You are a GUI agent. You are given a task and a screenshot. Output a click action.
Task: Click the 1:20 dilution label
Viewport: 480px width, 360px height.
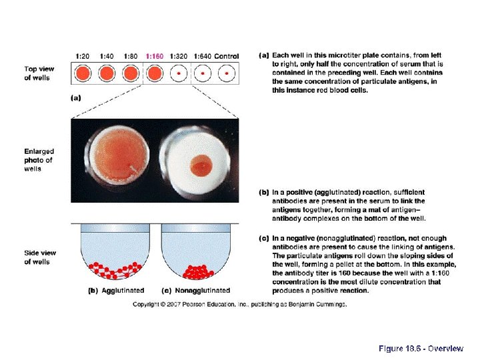tap(83, 56)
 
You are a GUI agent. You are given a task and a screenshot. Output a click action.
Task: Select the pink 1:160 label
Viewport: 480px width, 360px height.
tap(154, 56)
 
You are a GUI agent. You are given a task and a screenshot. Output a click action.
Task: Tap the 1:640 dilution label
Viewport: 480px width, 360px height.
tap(201, 56)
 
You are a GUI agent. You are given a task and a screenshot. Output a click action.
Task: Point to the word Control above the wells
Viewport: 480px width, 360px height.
tap(227, 56)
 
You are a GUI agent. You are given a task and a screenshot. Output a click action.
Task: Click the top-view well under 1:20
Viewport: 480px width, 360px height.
tap(83, 72)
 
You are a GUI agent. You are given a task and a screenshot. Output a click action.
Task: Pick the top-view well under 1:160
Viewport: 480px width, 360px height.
tap(155, 72)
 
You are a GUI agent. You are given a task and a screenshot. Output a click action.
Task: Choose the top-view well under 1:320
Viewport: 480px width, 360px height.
tap(178, 72)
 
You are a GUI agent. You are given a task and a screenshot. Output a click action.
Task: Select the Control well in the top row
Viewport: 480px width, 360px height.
tap(227, 72)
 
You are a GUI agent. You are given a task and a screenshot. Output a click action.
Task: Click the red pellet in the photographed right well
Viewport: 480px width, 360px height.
tap(199, 164)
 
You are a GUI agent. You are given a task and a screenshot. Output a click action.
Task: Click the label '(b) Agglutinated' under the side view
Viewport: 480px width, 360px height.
tap(116, 291)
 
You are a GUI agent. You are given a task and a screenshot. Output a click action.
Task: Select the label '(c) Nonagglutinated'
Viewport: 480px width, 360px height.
tap(197, 291)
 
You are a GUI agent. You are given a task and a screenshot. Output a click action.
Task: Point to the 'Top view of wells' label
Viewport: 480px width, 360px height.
tap(39, 73)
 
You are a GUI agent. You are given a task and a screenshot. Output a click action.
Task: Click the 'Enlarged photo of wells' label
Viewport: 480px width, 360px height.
tap(39, 160)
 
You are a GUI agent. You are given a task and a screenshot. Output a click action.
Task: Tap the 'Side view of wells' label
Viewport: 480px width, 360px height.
tap(39, 257)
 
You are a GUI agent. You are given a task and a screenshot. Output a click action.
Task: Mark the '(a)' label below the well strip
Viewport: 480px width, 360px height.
tap(75, 97)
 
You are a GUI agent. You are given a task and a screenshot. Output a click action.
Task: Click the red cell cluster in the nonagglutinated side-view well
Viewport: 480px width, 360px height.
tap(197, 271)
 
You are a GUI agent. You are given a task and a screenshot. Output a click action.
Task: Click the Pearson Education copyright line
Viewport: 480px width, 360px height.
tap(239, 305)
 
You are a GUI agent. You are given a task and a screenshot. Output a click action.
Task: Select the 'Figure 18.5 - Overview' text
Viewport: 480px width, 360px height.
tap(421, 349)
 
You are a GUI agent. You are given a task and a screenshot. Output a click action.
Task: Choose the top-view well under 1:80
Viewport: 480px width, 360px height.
tap(131, 72)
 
